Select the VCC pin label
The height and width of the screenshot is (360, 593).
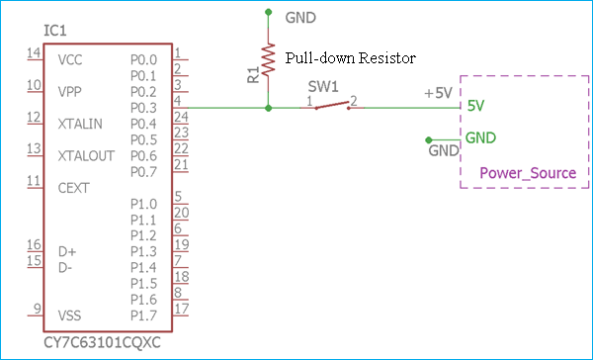click(x=70, y=60)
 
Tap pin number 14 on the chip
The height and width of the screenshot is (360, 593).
click(x=34, y=52)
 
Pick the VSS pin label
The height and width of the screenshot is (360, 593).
click(x=70, y=315)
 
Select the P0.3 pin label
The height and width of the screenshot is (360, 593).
click(x=143, y=107)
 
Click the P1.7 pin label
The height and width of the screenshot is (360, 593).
click(x=143, y=315)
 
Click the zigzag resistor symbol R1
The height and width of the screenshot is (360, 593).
click(x=268, y=62)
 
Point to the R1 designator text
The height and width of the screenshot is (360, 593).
click(x=253, y=74)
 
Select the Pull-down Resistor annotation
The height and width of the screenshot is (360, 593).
click(x=349, y=58)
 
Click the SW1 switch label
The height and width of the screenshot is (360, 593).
click(x=325, y=86)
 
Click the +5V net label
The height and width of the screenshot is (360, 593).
click(x=439, y=92)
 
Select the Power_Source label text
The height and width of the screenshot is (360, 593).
click(x=527, y=173)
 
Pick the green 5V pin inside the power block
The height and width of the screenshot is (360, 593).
click(x=475, y=106)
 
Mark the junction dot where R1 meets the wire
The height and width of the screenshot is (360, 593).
click(x=268, y=108)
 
